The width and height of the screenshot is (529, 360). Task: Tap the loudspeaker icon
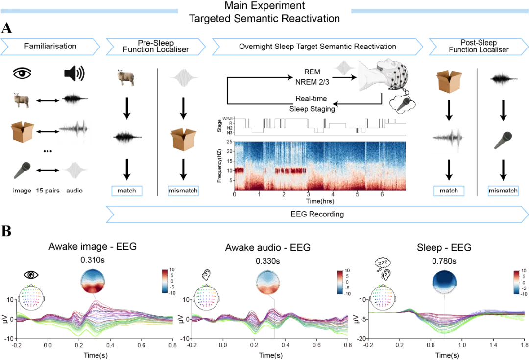click(x=74, y=73)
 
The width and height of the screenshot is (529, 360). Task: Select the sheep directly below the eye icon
click(x=22, y=99)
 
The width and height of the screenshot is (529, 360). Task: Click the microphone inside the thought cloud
click(x=403, y=103)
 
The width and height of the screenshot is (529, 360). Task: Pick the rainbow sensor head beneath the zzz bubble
click(x=382, y=297)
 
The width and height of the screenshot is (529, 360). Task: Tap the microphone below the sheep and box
click(x=22, y=170)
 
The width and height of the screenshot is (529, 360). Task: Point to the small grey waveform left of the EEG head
click(x=342, y=68)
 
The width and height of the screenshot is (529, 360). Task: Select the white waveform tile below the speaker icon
click(x=74, y=131)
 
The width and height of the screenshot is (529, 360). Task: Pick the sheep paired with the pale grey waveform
click(x=125, y=77)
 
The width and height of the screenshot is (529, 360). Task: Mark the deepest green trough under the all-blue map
click(x=445, y=332)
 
